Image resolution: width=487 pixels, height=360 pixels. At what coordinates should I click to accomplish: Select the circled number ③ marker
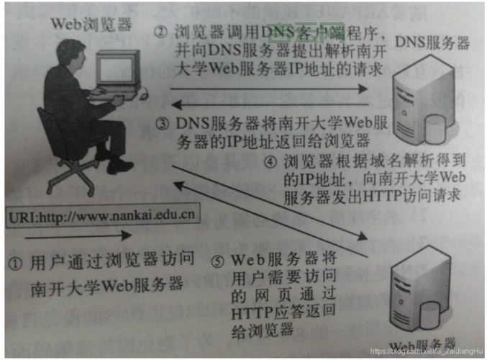(x=163, y=122)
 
